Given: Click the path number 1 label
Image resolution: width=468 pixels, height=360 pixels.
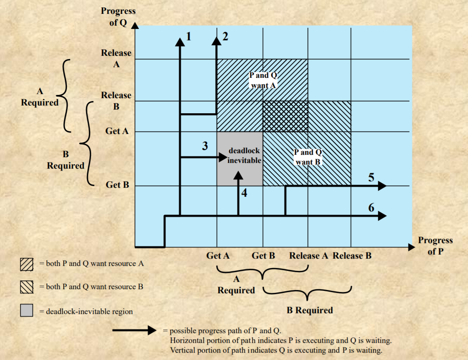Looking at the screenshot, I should [x=188, y=37].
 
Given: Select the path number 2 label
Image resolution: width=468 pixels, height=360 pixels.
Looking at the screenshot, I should [x=225, y=37].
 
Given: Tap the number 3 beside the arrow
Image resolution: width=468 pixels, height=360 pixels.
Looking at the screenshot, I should [x=205, y=146].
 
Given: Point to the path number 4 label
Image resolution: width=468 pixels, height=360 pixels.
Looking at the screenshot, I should [x=244, y=193].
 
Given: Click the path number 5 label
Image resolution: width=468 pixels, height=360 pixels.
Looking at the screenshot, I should [x=371, y=177].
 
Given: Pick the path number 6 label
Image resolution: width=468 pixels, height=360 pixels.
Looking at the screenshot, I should [x=371, y=207].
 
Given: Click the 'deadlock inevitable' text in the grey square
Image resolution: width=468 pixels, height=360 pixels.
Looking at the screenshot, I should [x=244, y=156].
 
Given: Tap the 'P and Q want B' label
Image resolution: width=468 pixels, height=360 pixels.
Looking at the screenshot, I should [x=308, y=157].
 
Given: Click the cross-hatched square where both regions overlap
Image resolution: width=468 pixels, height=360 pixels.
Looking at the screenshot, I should [x=285, y=116].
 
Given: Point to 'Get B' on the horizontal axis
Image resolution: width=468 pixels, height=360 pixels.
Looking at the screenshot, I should [x=263, y=256].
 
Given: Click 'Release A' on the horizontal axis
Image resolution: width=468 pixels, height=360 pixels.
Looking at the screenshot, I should [x=309, y=256].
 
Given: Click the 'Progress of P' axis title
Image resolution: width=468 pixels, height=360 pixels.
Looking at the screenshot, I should [x=435, y=246].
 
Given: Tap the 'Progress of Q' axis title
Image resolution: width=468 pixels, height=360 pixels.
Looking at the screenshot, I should [x=118, y=17].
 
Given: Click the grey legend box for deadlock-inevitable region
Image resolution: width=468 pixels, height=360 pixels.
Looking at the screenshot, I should [x=26, y=311].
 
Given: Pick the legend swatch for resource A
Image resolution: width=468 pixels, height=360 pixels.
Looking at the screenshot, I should [x=26, y=265].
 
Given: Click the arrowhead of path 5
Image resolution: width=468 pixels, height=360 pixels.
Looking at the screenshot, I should [x=382, y=186].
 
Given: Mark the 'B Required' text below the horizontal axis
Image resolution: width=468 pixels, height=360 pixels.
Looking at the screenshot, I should [x=309, y=310].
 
